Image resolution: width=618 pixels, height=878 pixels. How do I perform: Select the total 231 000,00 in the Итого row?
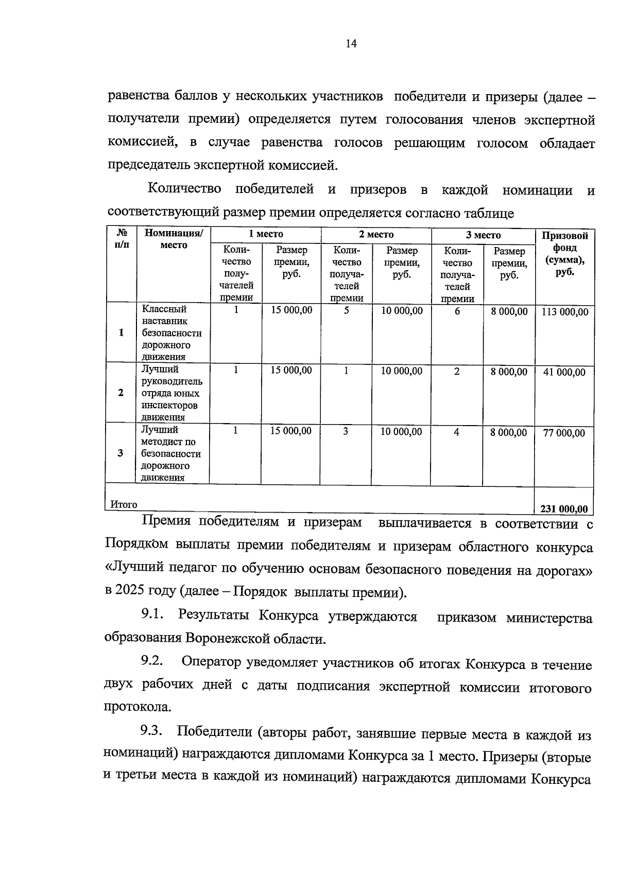tap(564, 509)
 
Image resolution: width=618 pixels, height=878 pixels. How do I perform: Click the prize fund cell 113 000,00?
tap(564, 312)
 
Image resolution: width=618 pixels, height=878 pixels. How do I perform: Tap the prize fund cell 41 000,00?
tap(564, 372)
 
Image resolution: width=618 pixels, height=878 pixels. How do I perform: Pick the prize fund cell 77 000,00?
tap(564, 433)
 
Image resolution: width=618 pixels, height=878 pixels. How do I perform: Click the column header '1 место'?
tap(266, 234)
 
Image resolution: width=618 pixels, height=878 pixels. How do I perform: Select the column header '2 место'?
tap(376, 234)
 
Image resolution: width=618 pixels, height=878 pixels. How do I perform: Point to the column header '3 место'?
tap(483, 235)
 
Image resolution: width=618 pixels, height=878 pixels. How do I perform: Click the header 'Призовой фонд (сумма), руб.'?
tap(564, 254)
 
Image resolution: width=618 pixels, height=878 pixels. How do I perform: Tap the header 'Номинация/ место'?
tap(174, 239)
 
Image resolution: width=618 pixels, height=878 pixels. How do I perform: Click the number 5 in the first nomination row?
tap(347, 310)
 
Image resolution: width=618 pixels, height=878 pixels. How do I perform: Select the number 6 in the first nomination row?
tap(457, 311)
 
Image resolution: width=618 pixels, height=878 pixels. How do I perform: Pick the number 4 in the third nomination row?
tap(456, 432)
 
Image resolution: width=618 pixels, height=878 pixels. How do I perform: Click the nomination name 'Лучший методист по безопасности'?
tap(170, 442)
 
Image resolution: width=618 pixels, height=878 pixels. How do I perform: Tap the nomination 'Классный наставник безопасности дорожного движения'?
tap(171, 332)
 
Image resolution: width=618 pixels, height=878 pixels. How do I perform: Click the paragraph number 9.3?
tap(152, 731)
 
